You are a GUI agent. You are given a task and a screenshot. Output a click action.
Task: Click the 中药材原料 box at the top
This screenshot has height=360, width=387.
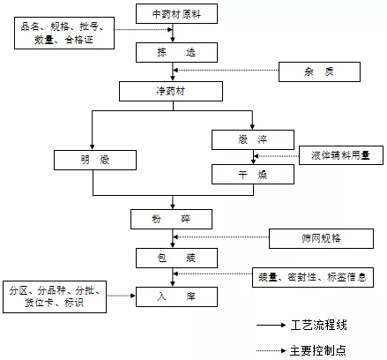[176, 13]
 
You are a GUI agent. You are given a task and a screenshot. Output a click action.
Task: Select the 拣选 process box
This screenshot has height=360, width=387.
[176, 52]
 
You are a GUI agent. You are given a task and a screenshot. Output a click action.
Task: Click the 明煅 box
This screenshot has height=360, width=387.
[94, 160]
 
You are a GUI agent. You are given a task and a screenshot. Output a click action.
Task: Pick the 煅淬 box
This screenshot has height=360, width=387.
[253, 139]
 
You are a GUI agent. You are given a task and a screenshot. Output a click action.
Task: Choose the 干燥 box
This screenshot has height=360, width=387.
[253, 174]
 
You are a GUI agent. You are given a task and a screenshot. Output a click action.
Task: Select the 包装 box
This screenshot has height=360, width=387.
[176, 257]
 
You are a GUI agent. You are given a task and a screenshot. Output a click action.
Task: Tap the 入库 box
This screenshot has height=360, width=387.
[176, 296]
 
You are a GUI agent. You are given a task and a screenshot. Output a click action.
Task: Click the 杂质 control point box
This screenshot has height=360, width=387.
[318, 71]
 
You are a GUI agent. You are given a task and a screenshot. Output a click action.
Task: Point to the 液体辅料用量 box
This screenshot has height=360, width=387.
[340, 155]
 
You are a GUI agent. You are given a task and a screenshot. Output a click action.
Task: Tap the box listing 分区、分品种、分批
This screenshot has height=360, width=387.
[55, 296]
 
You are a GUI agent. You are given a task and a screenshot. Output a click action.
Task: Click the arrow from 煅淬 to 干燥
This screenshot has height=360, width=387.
[253, 157]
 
